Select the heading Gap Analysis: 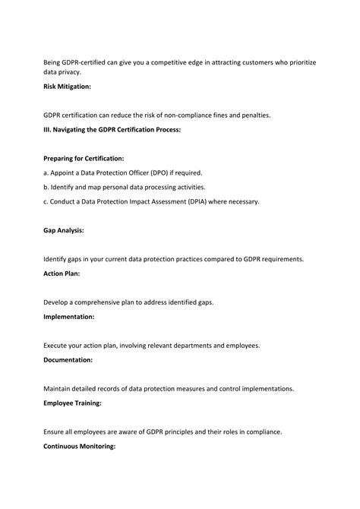point(63,229)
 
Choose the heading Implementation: point(68,316)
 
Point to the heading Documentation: point(68,359)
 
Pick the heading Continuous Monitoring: point(79,446)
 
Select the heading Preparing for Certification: point(84,158)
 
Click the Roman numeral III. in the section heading point(48,130)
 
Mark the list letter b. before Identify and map point(46,187)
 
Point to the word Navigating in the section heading point(74,130)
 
